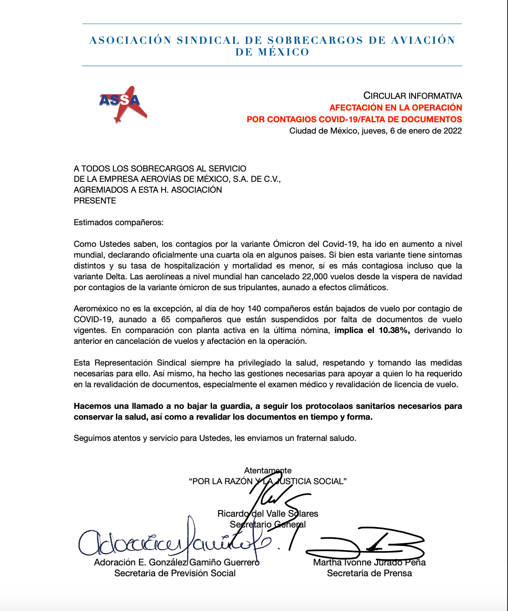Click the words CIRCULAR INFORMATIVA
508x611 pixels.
coord(412,96)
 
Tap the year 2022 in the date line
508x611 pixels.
coord(453,131)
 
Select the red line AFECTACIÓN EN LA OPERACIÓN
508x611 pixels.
coord(395,107)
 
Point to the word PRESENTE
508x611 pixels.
coord(95,201)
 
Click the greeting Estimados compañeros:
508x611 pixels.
coord(119,222)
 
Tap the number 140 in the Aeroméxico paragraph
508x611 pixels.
coord(254,309)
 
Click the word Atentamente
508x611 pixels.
coord(268,471)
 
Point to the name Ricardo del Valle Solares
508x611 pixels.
coord(268,514)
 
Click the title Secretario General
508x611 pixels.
coord(268,524)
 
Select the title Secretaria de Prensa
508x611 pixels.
coord(369,573)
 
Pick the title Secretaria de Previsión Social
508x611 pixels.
coord(175,573)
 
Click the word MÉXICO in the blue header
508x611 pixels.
coord(284,52)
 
